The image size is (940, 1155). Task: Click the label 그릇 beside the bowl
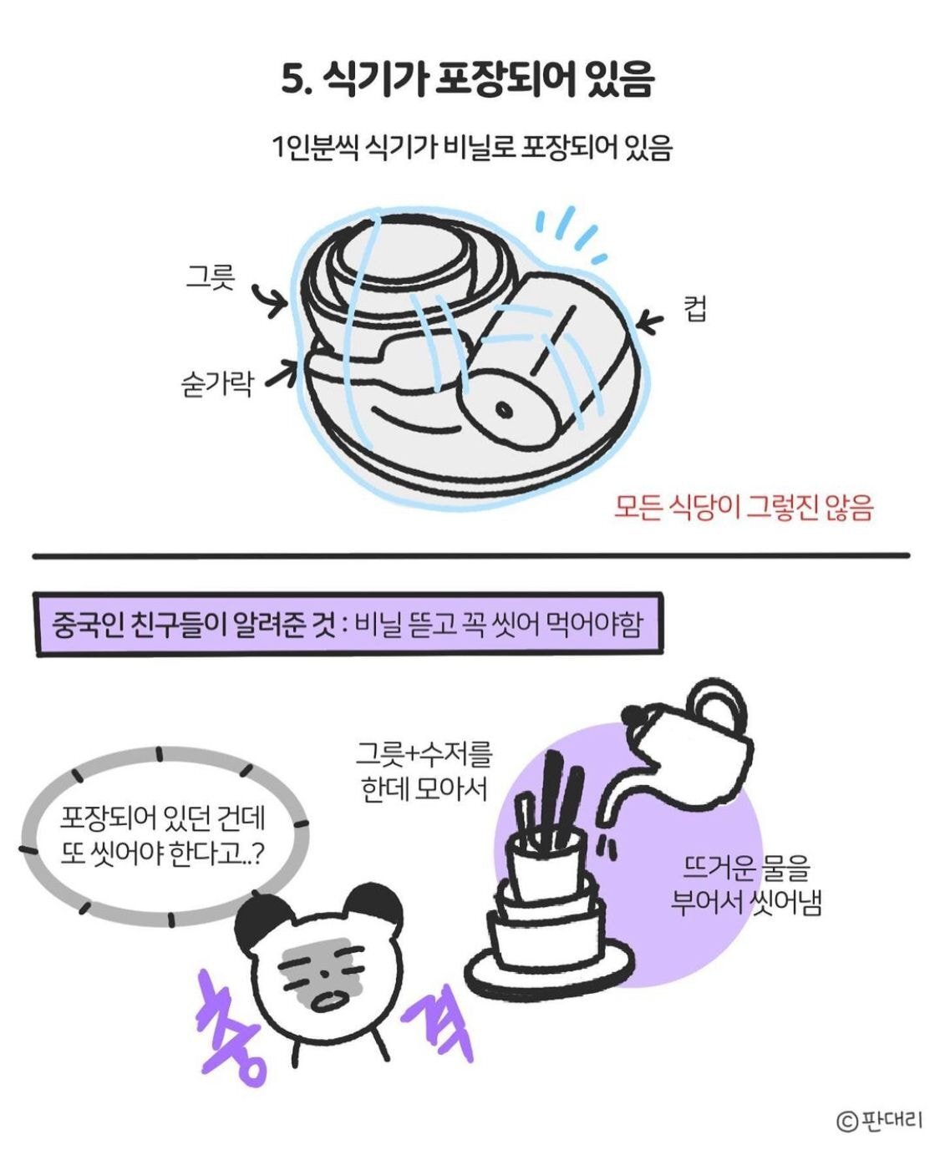[x=210, y=276]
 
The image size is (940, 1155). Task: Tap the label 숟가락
[x=217, y=383]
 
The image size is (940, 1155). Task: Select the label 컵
[x=695, y=310]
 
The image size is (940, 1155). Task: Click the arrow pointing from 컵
[x=650, y=322]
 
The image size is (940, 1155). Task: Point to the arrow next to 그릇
[x=270, y=300]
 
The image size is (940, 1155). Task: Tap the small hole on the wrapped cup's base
[x=506, y=411]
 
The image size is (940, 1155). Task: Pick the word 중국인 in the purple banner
[x=88, y=626]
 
